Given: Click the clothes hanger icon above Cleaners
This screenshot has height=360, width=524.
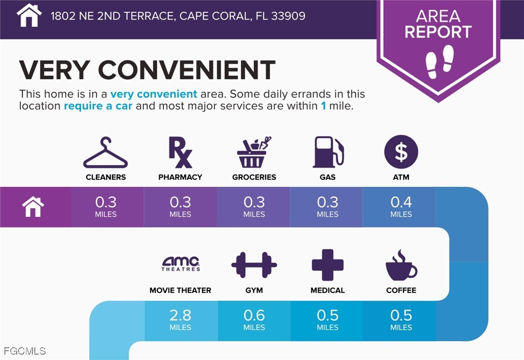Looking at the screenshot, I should pyautogui.click(x=105, y=154).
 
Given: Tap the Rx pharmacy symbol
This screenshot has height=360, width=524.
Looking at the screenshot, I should pyautogui.click(x=180, y=153).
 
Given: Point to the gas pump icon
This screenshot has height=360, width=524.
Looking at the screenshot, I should pyautogui.click(x=328, y=153).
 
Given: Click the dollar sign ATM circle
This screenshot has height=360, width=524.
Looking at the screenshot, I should pyautogui.click(x=401, y=152).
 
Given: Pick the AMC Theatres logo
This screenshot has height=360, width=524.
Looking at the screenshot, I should pyautogui.click(x=181, y=264).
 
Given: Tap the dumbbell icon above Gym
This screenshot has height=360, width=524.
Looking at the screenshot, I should pyautogui.click(x=254, y=265).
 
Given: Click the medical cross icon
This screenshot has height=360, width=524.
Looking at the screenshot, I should pyautogui.click(x=327, y=265).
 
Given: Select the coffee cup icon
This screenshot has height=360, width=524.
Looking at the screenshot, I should pyautogui.click(x=400, y=265).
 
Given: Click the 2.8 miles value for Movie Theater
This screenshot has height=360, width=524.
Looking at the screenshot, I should pyautogui.click(x=180, y=319).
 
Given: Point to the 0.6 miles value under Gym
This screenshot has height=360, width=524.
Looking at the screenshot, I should pyautogui.click(x=254, y=319).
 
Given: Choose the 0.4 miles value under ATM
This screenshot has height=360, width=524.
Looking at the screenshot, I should pyautogui.click(x=401, y=206).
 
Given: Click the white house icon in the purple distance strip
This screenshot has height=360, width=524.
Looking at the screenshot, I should pyautogui.click(x=33, y=206).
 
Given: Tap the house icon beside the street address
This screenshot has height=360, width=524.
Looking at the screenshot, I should pyautogui.click(x=29, y=15).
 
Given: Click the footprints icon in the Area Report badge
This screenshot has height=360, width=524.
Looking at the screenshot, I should pyautogui.click(x=439, y=61).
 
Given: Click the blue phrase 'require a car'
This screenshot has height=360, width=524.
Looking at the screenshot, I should pyautogui.click(x=98, y=106).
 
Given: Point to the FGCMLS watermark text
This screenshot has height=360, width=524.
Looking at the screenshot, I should pyautogui.click(x=25, y=351).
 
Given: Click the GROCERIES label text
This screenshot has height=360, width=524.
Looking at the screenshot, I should pyautogui.click(x=254, y=177).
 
